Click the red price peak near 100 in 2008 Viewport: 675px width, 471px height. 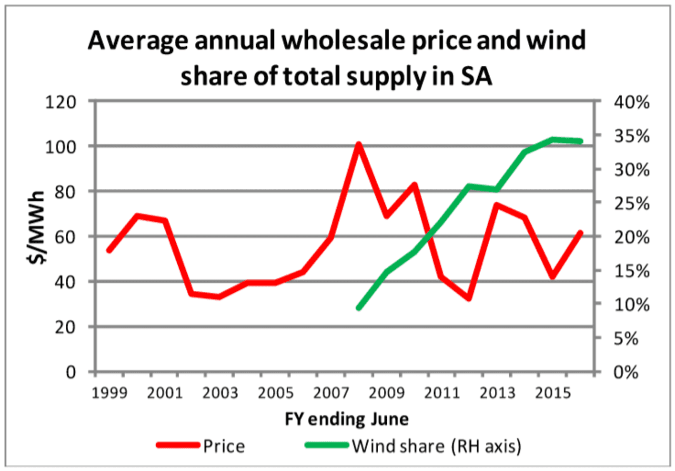[359, 144]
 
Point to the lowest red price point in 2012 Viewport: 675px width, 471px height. [469, 299]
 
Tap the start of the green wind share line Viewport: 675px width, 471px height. [359, 308]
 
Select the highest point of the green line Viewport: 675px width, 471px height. [553, 140]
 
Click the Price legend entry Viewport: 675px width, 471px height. [223, 446]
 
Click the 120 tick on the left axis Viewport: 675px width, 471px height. [60, 102]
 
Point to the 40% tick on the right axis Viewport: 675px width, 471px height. [631, 102]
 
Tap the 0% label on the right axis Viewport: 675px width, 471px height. [625, 372]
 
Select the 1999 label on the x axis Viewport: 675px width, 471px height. [110, 393]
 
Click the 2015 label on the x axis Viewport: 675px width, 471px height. [553, 393]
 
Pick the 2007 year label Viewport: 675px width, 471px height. [331, 393]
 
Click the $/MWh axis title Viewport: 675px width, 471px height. [37, 227]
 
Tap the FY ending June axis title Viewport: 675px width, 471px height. [346, 419]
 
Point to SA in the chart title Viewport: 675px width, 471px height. [476, 76]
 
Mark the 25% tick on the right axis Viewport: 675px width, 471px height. [631, 204]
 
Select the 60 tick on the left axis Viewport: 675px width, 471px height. [65, 236]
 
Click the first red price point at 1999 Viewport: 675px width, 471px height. [110, 250]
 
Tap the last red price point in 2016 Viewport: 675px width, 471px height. [580, 233]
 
